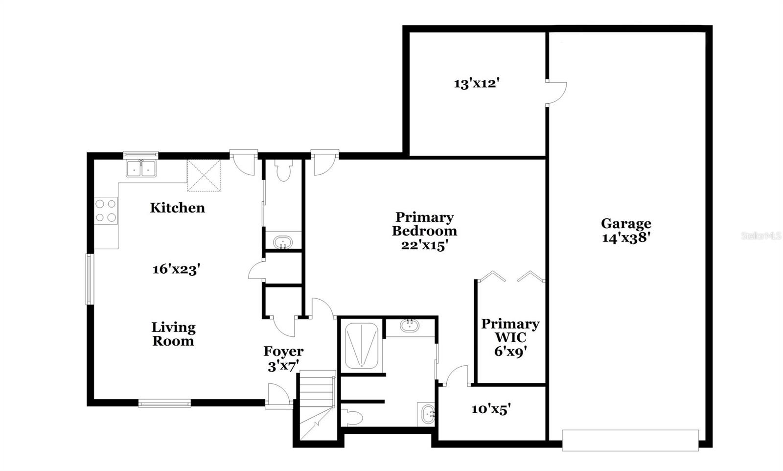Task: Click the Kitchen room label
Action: (177, 208)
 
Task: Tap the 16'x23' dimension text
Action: (177, 269)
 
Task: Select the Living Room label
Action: (173, 334)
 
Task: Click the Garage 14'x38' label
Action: (626, 230)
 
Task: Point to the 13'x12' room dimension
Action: (476, 83)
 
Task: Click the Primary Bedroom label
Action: (424, 231)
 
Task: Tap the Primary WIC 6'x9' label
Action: (510, 337)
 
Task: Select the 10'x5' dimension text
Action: (491, 409)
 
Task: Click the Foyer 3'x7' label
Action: (283, 358)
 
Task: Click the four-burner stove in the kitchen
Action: (106, 210)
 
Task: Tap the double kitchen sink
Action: (141, 168)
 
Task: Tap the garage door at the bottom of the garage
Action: (630, 440)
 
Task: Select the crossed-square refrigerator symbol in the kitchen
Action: (204, 175)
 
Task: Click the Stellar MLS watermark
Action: (761, 235)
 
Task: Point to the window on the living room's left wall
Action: (90, 279)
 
